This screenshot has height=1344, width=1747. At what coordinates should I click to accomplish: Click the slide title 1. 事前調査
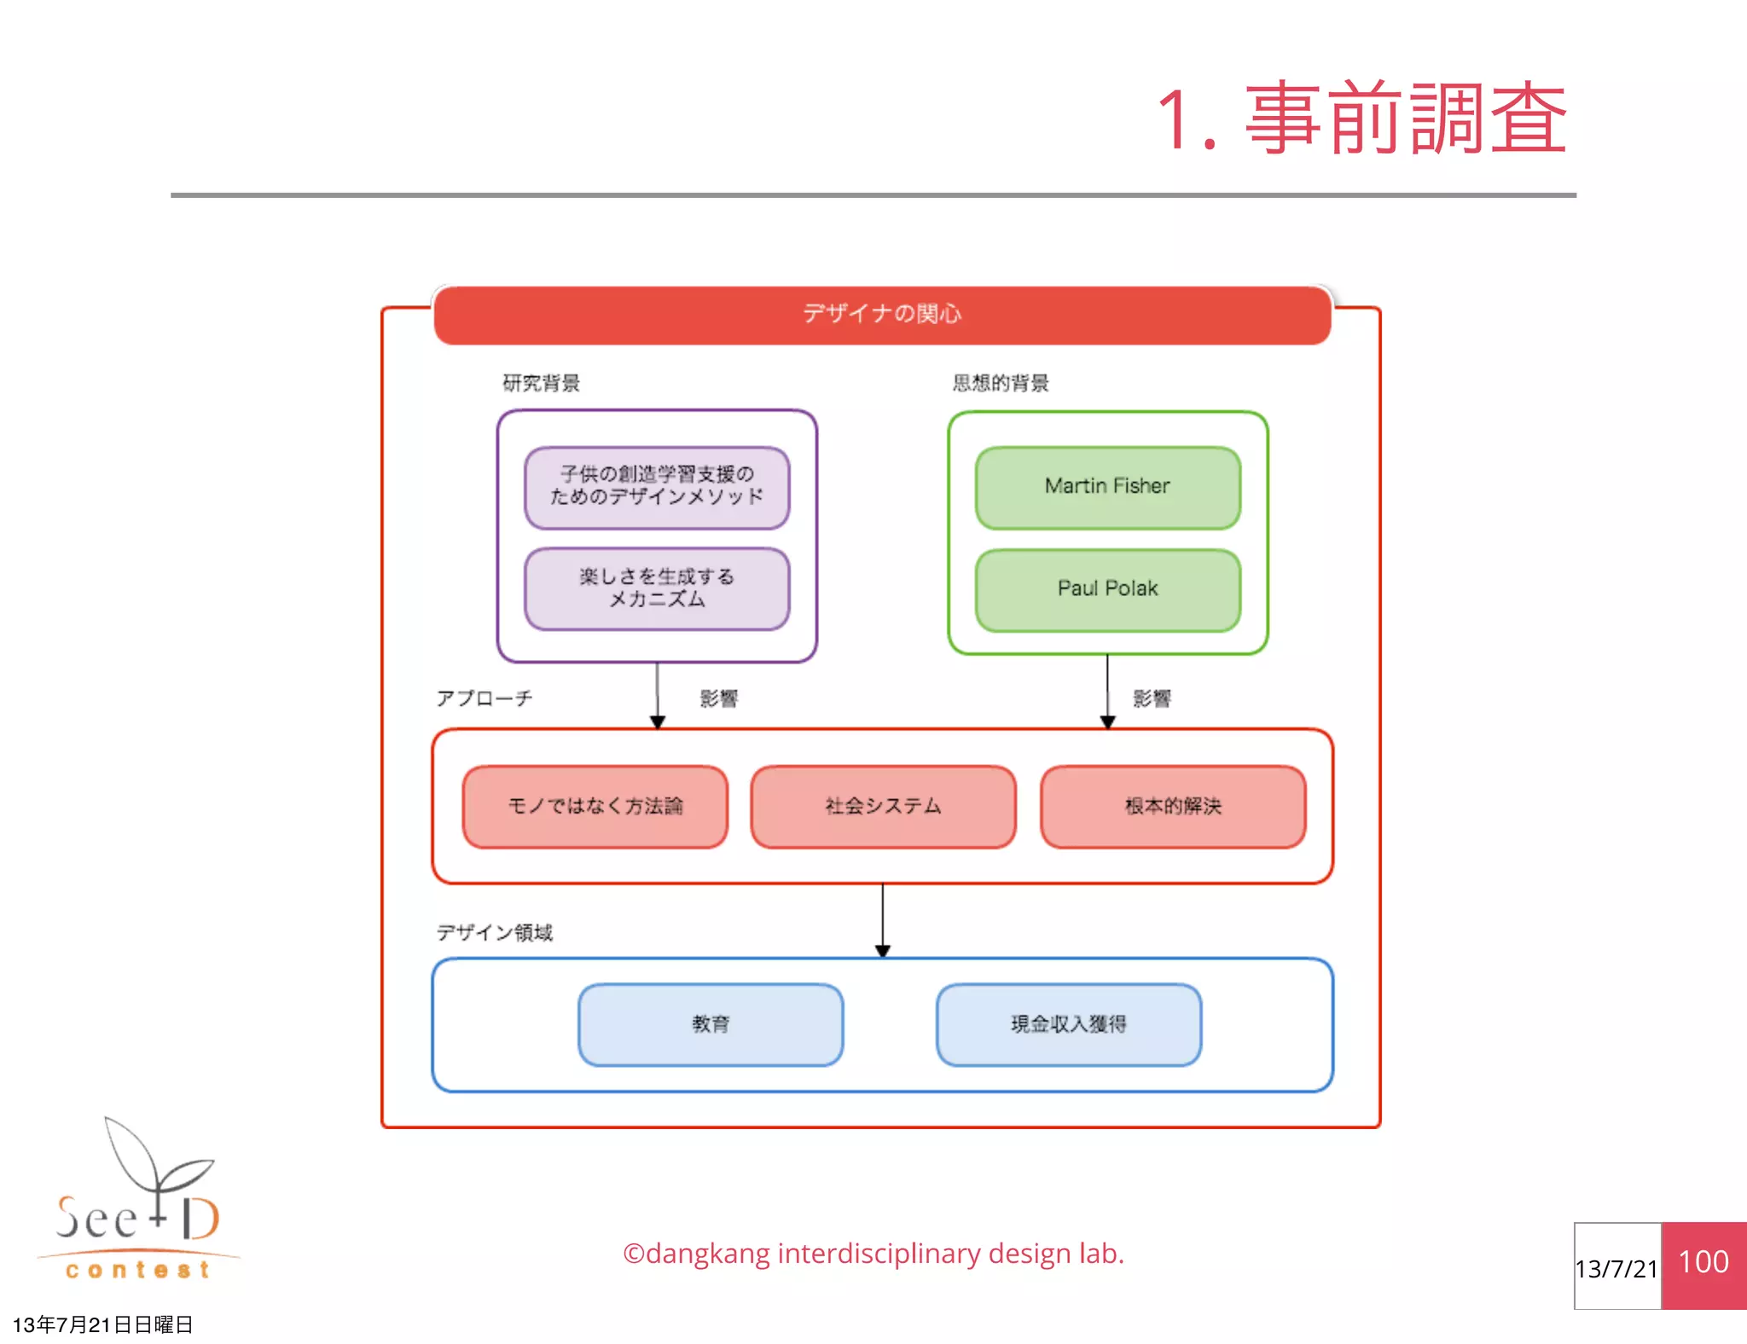coord(1361,119)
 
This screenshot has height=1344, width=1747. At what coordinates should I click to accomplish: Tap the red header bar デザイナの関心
coord(882,315)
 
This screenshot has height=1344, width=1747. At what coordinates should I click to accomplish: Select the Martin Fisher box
coord(1107,487)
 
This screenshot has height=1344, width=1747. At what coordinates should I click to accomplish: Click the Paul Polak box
coord(1107,589)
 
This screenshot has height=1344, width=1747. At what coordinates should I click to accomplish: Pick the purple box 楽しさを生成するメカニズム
coord(657,588)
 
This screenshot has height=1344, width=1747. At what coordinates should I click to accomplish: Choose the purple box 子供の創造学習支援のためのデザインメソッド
coord(657,486)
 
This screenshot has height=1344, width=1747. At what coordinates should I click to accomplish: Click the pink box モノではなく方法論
coord(595,806)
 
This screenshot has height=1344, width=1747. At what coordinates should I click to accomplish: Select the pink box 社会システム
coord(883,806)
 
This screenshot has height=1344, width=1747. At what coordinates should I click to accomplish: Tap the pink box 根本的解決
coord(1173,806)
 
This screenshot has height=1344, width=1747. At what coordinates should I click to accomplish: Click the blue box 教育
coord(711,1024)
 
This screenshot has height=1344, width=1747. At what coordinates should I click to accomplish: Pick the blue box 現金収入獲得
coord(1069,1024)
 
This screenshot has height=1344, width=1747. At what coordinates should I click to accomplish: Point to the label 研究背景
coord(541,383)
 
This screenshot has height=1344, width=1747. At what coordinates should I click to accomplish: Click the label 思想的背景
coord(1001,383)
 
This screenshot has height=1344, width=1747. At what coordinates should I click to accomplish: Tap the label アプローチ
coord(485,698)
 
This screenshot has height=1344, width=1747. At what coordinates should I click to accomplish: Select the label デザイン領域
coord(495,932)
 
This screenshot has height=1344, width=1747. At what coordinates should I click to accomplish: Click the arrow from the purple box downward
coord(657,695)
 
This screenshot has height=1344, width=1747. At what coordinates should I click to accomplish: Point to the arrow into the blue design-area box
coord(883,921)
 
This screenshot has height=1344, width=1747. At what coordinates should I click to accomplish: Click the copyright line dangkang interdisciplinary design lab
coord(873,1254)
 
